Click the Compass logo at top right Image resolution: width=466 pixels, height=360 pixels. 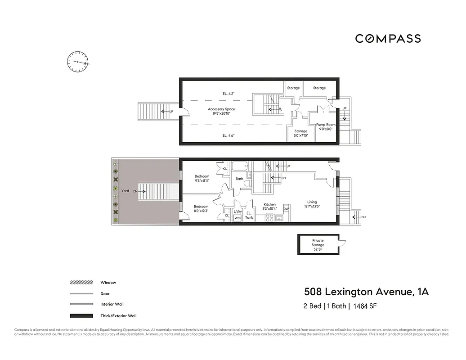click(388, 39)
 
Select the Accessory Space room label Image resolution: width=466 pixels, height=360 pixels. click(221, 111)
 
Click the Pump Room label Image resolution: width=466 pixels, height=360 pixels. click(325, 126)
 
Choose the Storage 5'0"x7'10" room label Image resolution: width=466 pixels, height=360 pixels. click(300, 133)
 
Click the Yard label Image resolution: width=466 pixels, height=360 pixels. click(125, 191)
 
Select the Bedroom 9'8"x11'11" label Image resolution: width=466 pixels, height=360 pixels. click(202, 178)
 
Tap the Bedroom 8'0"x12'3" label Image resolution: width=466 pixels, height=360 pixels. click(201, 208)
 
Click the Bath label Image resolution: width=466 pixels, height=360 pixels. click(239, 179)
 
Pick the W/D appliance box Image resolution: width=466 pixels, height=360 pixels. click(237, 218)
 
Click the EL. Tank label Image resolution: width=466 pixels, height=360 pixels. click(249, 215)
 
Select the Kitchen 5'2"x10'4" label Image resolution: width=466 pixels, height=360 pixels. click(269, 207)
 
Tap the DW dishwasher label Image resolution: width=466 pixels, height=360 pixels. click(286, 209)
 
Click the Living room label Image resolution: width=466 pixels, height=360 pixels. click(312, 204)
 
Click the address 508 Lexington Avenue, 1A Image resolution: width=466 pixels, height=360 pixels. click(367, 292)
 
